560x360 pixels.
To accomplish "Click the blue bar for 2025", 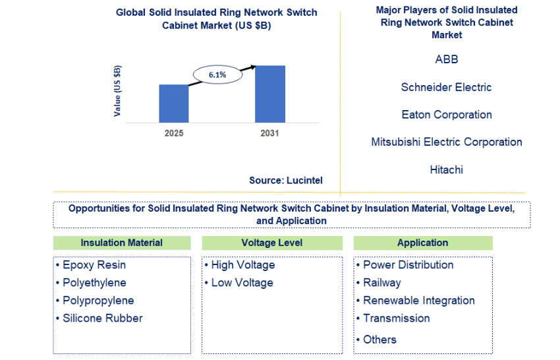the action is (x=174, y=104).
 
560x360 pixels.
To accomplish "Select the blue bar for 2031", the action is (x=270, y=94).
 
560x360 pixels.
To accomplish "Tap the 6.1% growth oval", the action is (x=217, y=75).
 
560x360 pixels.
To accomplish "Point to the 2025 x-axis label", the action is (x=174, y=133).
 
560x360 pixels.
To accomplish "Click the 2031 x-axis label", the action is (x=269, y=133).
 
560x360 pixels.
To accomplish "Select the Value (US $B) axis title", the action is (x=117, y=91).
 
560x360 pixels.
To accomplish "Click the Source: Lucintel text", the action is (x=286, y=180).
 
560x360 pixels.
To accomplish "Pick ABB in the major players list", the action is (x=447, y=59).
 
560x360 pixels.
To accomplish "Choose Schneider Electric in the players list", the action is (x=447, y=87).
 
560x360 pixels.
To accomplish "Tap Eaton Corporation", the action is (x=447, y=115).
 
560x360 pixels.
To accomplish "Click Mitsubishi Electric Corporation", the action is (x=447, y=142).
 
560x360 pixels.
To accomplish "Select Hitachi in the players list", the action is (x=447, y=169).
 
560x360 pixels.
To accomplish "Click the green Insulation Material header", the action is (x=122, y=243).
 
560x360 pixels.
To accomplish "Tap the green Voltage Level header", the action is (x=272, y=243).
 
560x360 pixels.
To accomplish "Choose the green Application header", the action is (x=423, y=243).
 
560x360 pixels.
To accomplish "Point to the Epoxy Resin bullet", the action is (x=91, y=265).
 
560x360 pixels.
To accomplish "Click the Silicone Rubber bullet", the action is (x=99, y=318).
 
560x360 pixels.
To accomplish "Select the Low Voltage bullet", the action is (x=239, y=283).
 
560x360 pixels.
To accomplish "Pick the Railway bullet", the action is (x=379, y=283).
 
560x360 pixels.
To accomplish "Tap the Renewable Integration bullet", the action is (x=415, y=301).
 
